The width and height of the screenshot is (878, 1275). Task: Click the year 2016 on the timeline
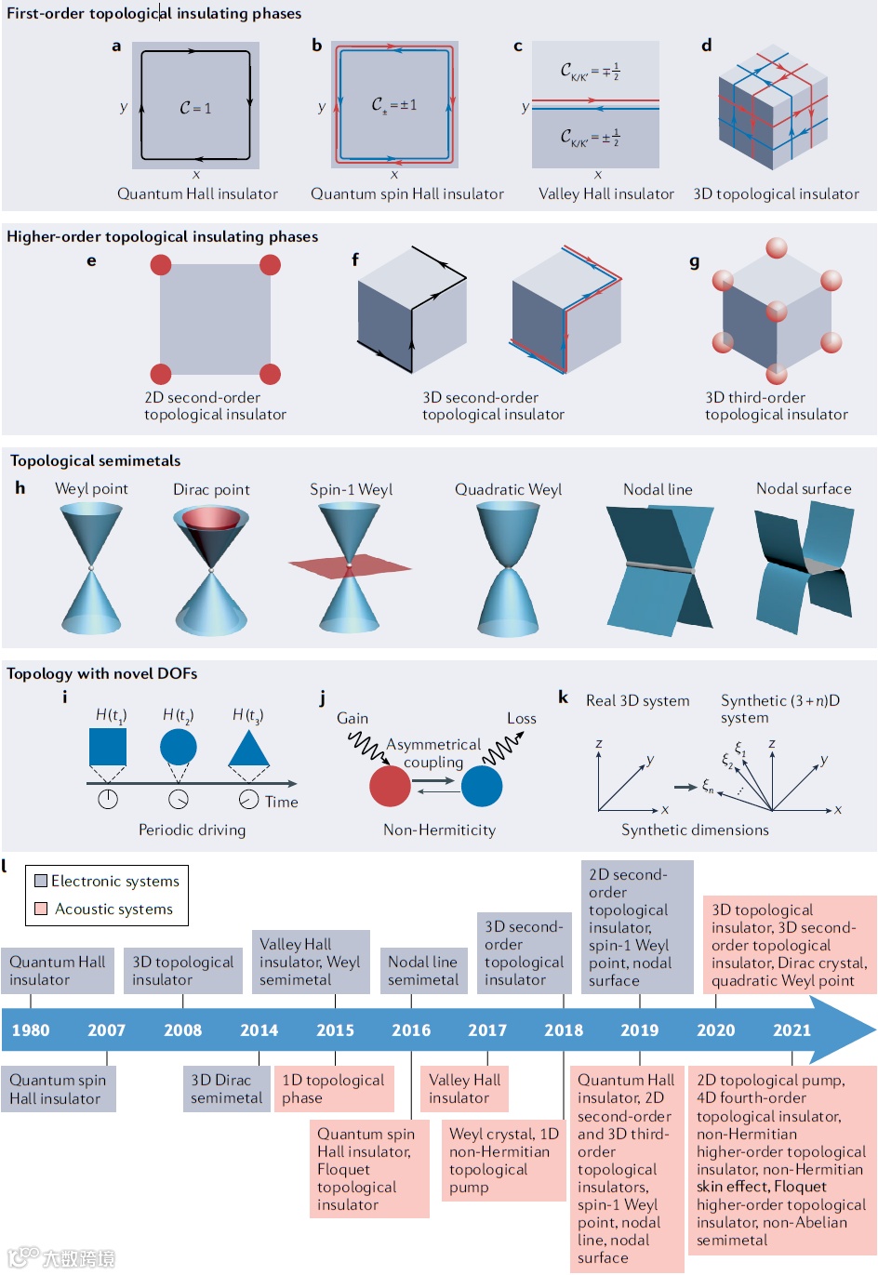tap(411, 1030)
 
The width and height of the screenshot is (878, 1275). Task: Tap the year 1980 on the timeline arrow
tap(31, 1030)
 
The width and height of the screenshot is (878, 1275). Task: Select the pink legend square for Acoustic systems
tap(41, 909)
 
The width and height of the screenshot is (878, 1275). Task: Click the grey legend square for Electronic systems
tap(41, 881)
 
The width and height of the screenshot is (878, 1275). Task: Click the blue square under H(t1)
tap(108, 747)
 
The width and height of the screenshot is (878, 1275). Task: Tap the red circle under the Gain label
tap(390, 786)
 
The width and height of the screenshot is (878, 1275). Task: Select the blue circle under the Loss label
tap(482, 786)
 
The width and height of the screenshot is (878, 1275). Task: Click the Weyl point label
tap(91, 489)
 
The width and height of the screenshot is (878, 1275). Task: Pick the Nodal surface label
tap(804, 489)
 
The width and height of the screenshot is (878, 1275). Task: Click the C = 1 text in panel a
tap(195, 109)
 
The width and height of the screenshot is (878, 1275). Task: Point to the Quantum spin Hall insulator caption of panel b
tap(407, 194)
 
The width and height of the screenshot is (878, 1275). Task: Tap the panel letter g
tap(695, 262)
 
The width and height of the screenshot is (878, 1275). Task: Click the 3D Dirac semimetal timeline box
tap(226, 1089)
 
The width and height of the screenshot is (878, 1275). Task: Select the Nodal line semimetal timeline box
tap(423, 971)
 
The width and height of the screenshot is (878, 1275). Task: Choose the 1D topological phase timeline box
tap(333, 1089)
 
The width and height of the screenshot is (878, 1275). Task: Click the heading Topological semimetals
tap(95, 460)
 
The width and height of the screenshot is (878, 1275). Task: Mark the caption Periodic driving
tap(192, 830)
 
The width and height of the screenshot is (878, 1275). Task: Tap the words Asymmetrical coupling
tap(433, 753)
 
